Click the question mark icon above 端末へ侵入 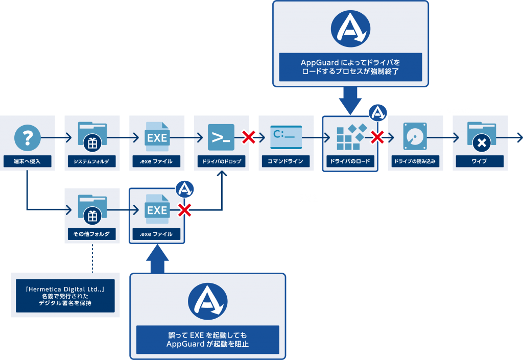tap(27, 137)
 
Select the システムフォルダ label tap(92, 161)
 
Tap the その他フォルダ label tap(92, 234)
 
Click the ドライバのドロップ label tap(221, 161)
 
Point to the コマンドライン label tap(286, 161)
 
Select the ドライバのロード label tap(350, 161)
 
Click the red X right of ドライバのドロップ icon tap(248, 137)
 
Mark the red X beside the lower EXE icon tap(184, 209)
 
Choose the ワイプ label tap(480, 161)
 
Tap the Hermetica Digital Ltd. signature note tap(65, 296)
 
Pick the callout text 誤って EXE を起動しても tap(207, 335)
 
